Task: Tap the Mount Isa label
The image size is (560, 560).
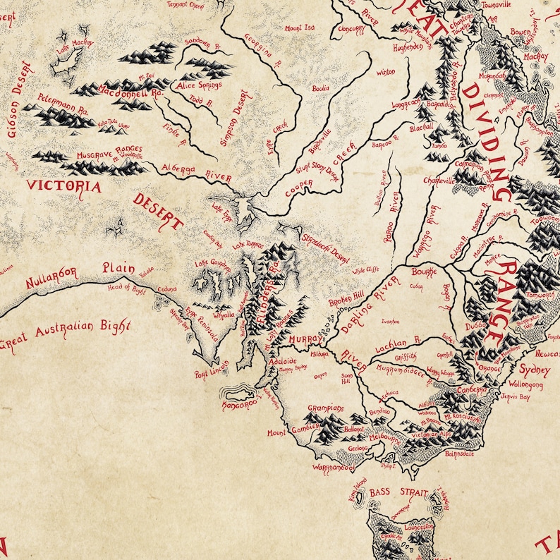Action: click(299, 28)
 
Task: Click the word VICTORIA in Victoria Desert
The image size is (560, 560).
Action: click(63, 187)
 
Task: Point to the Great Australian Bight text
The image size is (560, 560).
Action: click(67, 335)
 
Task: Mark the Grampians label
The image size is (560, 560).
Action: click(325, 408)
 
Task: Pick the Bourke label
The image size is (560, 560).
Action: click(425, 271)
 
